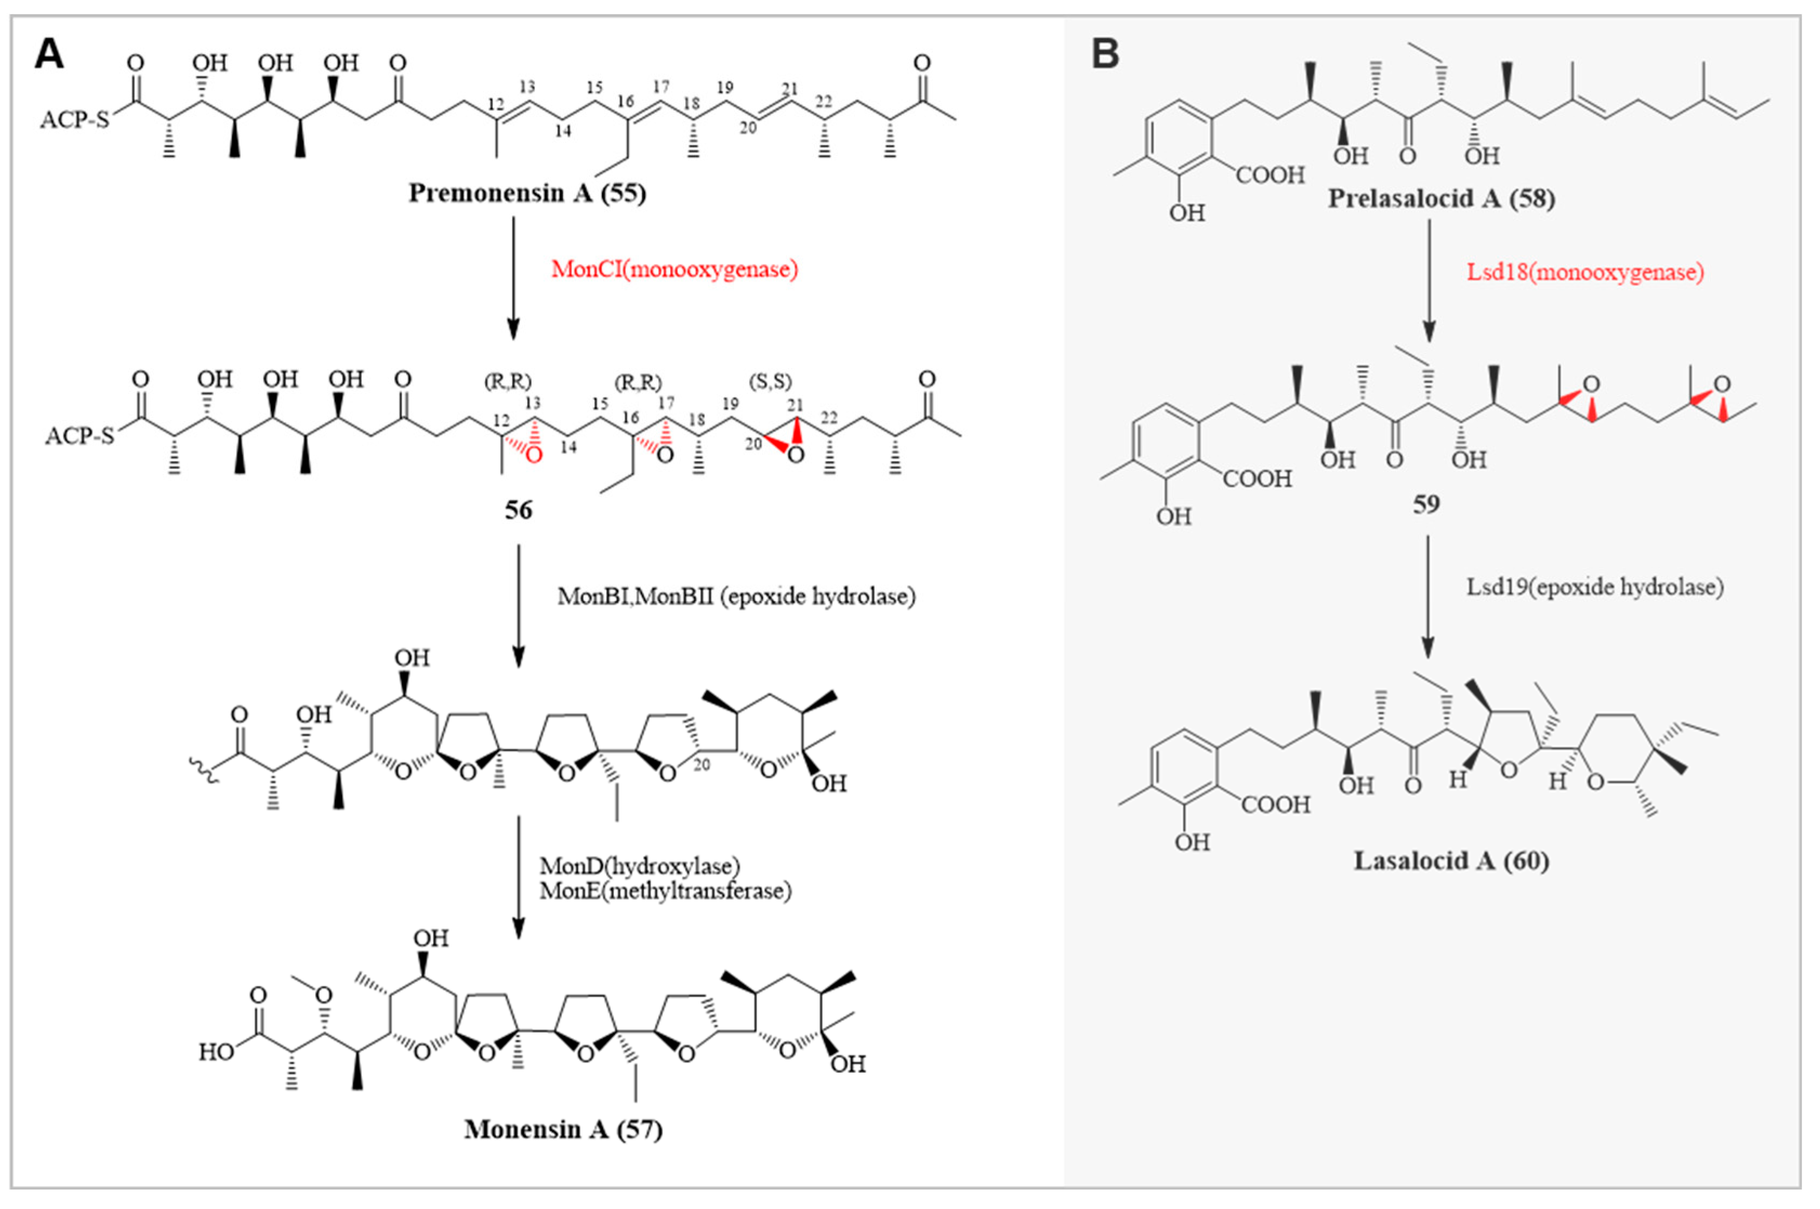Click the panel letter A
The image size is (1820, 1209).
coord(49,56)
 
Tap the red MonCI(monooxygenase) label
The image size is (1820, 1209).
coord(674,269)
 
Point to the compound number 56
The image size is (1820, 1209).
coord(518,510)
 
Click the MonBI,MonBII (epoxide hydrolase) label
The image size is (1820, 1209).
coord(736,596)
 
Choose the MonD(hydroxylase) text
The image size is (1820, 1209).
coord(639,866)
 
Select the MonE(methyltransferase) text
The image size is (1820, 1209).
coord(665,890)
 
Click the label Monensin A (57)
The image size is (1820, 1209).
coord(562,1129)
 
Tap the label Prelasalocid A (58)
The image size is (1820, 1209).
coord(1441,199)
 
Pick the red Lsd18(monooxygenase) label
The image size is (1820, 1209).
coord(1585,272)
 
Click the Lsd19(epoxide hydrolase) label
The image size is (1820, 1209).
coord(1594,587)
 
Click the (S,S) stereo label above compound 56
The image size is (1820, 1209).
coord(771,382)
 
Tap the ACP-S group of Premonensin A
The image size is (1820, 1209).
coord(75,120)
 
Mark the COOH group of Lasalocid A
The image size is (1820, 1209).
coord(1275,805)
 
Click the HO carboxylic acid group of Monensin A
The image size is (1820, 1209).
coord(216,1052)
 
